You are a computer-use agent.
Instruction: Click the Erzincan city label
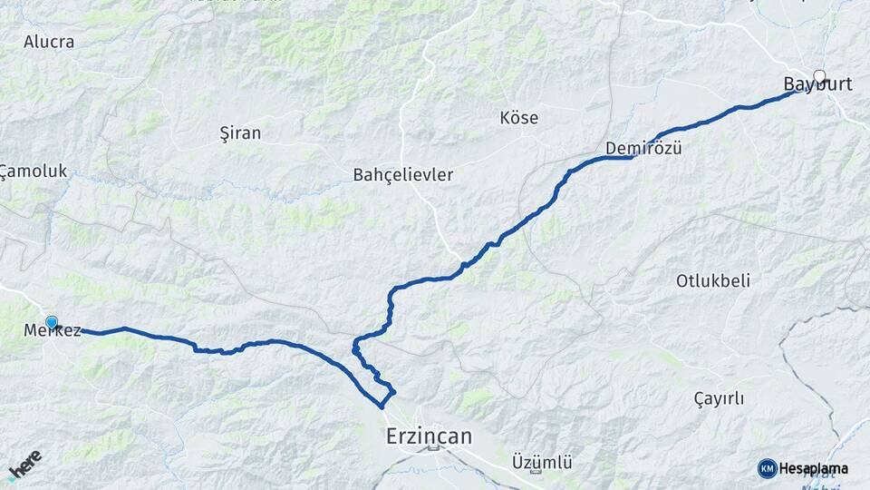tap(429, 436)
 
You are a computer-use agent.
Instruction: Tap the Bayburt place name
tap(817, 84)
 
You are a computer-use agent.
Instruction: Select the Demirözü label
tap(643, 148)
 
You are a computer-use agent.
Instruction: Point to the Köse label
tap(519, 118)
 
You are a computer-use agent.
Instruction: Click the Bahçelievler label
tap(403, 174)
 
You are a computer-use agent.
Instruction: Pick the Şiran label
tap(240, 133)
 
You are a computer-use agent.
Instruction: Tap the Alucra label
tap(49, 42)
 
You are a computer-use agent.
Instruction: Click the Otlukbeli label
tap(713, 280)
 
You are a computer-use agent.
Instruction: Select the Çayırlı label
tap(719, 398)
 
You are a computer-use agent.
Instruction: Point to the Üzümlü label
tap(542, 462)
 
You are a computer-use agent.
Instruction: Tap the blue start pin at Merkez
tap(52, 322)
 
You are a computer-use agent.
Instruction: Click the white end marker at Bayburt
tap(820, 76)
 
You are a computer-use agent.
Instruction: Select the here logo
tap(24, 464)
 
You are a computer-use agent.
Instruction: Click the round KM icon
tap(768, 468)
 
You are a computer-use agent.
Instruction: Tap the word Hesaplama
tap(814, 468)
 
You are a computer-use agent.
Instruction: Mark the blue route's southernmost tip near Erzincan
tap(382, 407)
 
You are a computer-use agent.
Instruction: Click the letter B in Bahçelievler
tap(359, 174)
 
